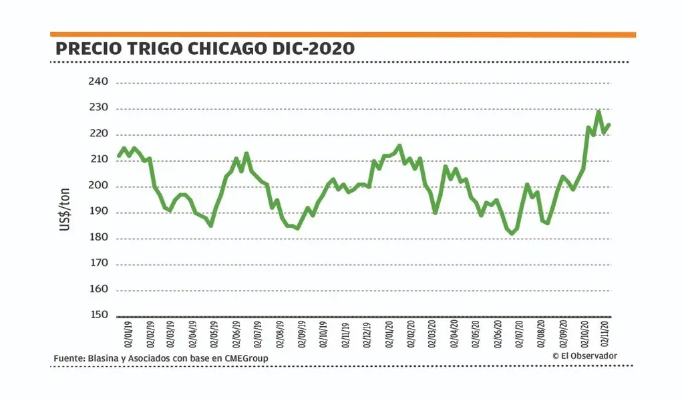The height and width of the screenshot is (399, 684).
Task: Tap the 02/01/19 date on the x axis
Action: click(x=128, y=334)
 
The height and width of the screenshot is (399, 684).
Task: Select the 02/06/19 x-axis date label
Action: click(x=236, y=334)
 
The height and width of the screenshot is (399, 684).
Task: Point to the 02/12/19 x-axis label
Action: click(x=367, y=334)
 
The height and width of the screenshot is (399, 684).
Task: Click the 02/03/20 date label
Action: click(x=432, y=334)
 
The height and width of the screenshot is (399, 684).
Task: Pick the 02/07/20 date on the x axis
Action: click(x=519, y=334)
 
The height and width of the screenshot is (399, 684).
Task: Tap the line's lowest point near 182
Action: click(x=512, y=234)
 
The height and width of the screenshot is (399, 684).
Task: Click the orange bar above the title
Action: click(x=343, y=34)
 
